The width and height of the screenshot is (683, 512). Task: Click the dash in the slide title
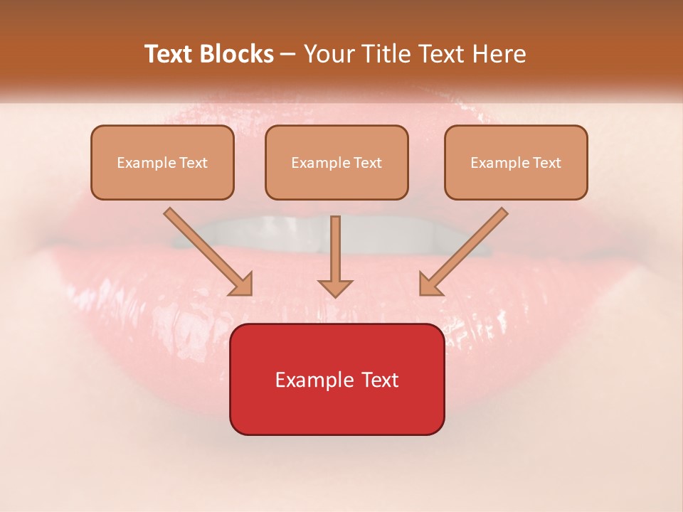click(288, 55)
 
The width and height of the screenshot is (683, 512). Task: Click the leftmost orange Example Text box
click(162, 162)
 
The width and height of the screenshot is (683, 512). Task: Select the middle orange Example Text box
click(337, 162)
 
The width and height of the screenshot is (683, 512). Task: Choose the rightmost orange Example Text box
click(516, 162)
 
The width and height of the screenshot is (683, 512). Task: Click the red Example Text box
click(337, 379)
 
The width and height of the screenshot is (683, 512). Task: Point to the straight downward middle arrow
click(335, 249)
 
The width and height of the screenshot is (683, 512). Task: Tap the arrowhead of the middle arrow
click(335, 287)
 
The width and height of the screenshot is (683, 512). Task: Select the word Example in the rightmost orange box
click(496, 163)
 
